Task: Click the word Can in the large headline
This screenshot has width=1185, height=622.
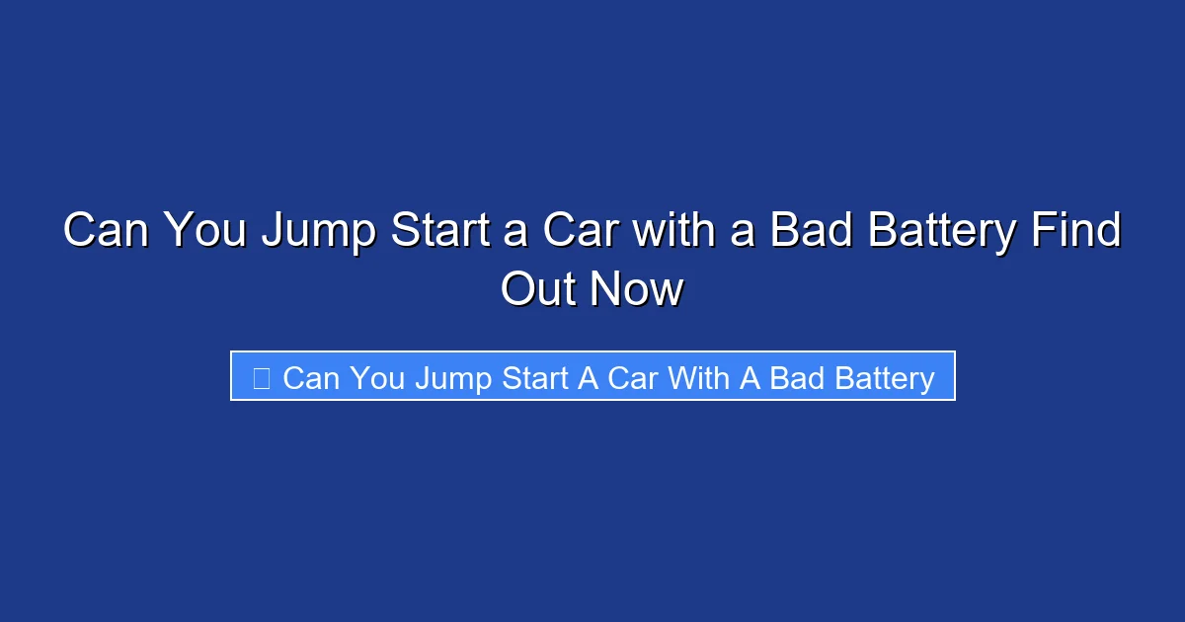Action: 107,232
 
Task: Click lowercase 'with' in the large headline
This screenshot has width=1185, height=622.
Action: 671,232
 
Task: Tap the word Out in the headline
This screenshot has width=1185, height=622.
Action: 540,290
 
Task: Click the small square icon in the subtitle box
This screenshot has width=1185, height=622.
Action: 262,378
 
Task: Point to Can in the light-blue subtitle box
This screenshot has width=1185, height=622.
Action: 311,378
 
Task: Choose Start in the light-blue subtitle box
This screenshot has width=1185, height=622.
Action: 533,378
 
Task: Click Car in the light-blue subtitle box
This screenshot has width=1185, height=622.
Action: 633,378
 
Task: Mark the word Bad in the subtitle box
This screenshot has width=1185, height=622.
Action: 794,378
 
